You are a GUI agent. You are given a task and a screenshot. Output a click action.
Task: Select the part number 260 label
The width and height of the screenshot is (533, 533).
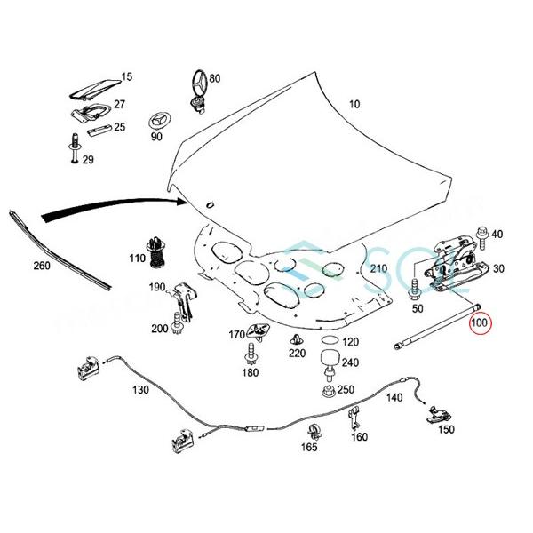pos(41,266)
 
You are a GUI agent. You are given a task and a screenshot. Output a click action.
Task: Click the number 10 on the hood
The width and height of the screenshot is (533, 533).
pos(354,104)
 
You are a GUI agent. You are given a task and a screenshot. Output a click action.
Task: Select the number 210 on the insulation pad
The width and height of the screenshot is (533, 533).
pos(378,268)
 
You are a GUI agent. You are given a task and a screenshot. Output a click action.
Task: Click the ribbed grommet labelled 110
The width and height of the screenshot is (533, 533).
pos(158,251)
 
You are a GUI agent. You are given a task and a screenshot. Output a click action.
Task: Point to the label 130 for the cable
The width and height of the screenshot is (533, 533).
pos(140,390)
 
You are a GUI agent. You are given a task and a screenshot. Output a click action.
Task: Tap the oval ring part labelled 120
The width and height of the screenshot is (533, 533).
pos(328,342)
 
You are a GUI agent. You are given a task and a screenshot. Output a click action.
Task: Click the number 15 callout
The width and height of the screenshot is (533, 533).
pos(126,76)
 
